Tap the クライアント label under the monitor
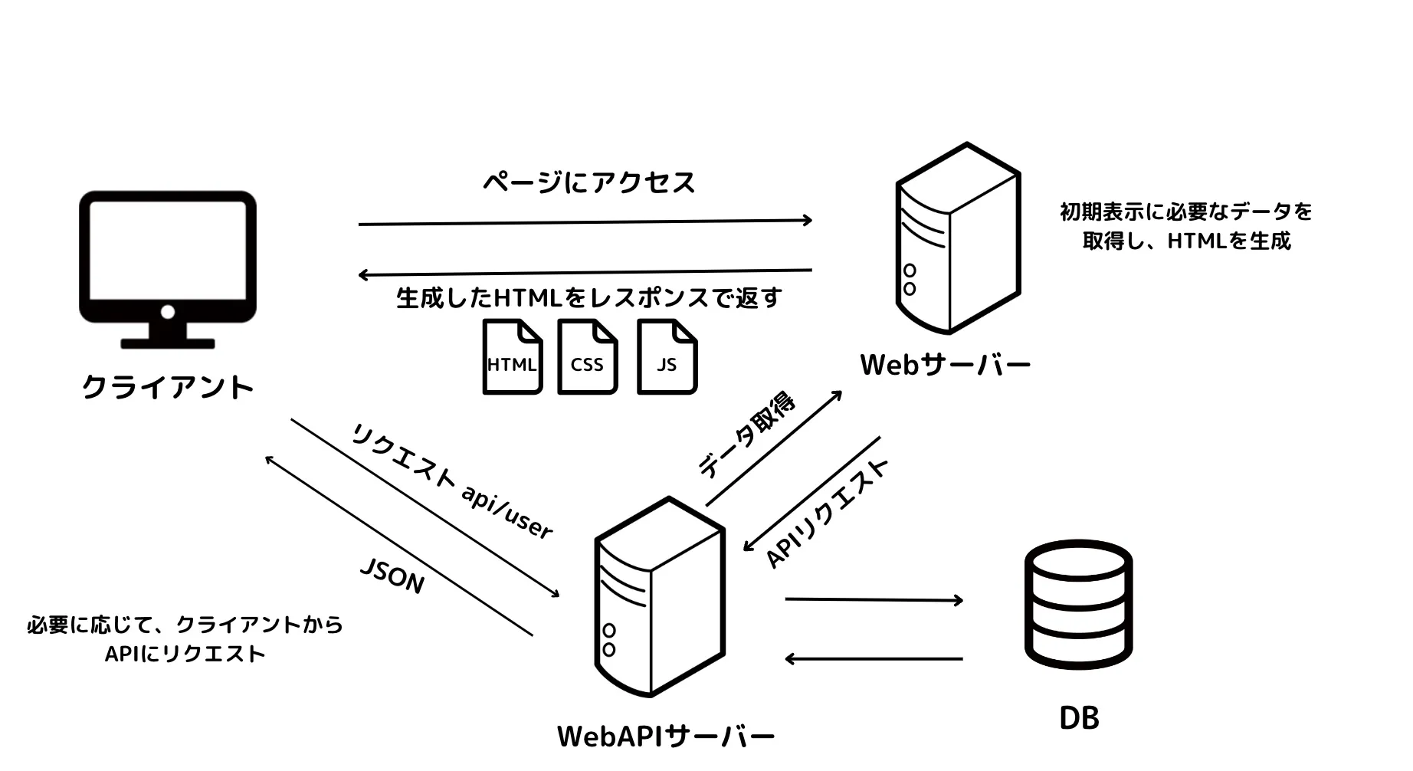point(167,387)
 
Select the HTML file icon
point(512,357)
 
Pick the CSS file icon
point(587,357)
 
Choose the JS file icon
point(667,357)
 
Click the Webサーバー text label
point(945,365)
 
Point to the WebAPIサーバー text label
point(665,737)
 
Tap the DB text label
point(1079,718)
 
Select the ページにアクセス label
point(588,182)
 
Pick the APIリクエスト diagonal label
point(827,513)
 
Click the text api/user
point(507,511)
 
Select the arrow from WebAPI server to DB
point(874,599)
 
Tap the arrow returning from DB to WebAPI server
point(874,658)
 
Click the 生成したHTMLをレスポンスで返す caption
point(588,298)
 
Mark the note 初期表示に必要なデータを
point(1185,212)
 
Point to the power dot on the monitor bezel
point(168,312)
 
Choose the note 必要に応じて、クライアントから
point(185,625)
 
